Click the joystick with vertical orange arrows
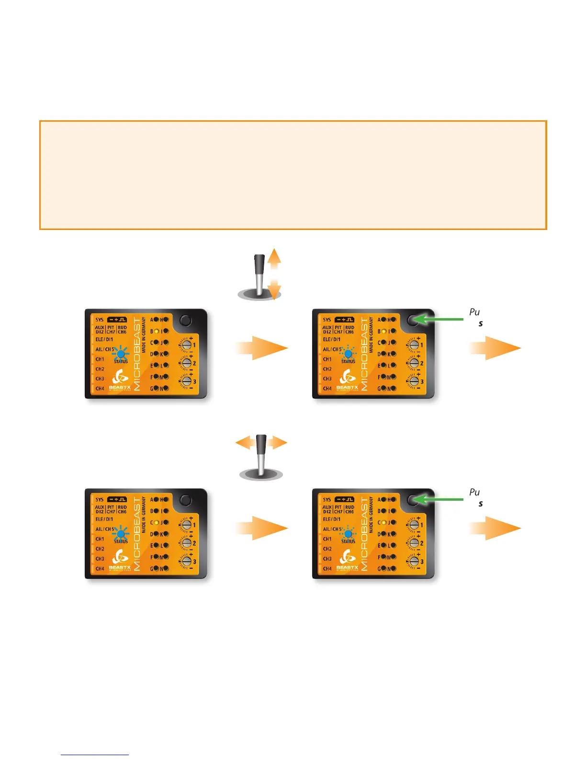tap(259, 276)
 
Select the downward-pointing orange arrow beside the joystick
tap(274, 290)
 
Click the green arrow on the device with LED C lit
tap(438, 499)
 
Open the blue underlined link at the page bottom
tap(95, 755)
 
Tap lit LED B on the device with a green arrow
tap(383, 331)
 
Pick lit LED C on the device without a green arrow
tap(156, 522)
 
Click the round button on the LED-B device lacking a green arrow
tap(185, 321)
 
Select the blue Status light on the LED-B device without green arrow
tap(121, 355)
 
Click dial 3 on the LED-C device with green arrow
tap(414, 561)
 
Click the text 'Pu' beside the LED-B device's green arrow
tap(474, 312)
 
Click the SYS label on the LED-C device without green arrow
tap(99, 499)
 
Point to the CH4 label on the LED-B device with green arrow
tap(327, 389)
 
